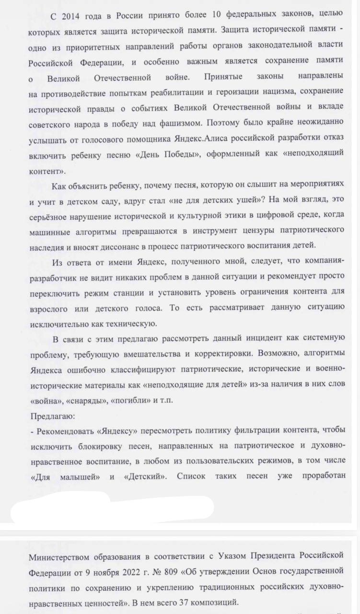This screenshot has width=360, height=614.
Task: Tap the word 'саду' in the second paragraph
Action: [x=101, y=202]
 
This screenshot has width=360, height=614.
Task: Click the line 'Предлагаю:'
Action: [x=49, y=415]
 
